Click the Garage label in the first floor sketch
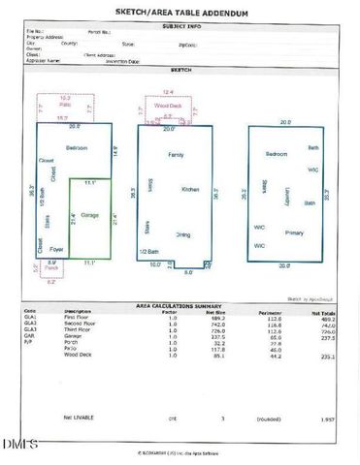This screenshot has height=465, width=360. coord(89,214)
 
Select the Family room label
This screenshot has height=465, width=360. coord(176,155)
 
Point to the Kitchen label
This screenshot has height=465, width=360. coord(190,189)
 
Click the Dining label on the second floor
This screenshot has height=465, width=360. coord(182,233)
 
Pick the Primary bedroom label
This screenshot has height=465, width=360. coord(294,232)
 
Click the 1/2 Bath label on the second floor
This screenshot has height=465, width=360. coord(149,252)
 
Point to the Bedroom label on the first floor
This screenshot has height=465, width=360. coord(77,147)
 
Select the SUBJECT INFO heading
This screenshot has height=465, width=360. coord(180,27)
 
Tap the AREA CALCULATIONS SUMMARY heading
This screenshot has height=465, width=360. coord(180,306)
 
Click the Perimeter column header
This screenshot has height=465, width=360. coord(269,312)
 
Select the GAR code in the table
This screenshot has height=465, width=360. coord(28,336)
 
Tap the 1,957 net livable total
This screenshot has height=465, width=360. coord(328,418)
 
